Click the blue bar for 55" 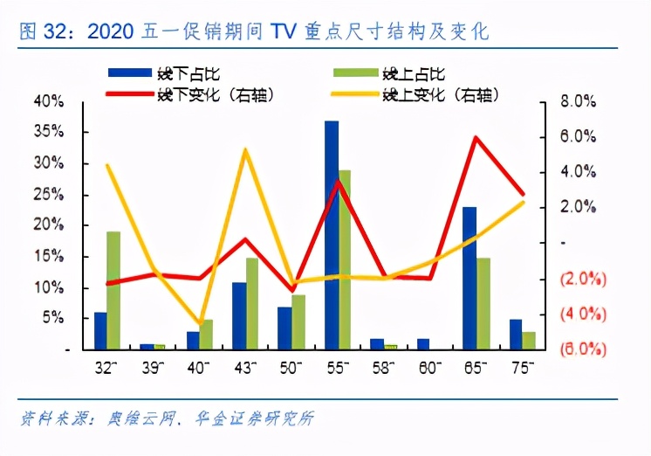(332, 235)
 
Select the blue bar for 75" (515, 335)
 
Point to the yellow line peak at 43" (245, 150)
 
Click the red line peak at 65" (476, 137)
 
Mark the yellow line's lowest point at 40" (200, 324)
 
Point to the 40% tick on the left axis (47, 101)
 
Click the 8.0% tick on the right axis (577, 101)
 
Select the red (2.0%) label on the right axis (578, 279)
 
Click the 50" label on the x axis (291, 367)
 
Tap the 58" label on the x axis (384, 367)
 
